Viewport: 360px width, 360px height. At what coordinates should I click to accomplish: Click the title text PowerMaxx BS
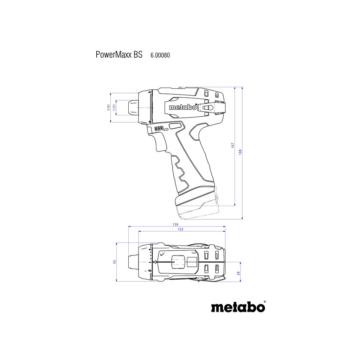pos(119,55)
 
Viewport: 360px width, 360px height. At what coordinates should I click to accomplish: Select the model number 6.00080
pos(160,55)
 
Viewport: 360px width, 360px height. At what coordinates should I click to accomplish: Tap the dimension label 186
pos(240,152)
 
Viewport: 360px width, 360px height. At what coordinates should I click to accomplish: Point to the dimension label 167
pos(233,146)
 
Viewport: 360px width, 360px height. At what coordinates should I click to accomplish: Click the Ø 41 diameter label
pos(109,108)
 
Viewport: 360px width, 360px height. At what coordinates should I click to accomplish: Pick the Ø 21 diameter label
pos(114,108)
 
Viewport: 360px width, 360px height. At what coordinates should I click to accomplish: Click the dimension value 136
pos(176,224)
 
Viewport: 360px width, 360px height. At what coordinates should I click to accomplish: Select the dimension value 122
pos(181,229)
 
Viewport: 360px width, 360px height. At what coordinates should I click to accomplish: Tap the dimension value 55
pos(115,262)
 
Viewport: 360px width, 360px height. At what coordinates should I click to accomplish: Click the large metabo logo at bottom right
pos(238,307)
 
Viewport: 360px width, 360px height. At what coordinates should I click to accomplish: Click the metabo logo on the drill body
pos(182,108)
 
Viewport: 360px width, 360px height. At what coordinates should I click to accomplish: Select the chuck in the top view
pos(131,262)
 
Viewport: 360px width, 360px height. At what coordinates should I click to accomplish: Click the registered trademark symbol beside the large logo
pos(264,302)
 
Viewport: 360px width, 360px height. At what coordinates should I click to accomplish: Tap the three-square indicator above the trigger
pos(158,129)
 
